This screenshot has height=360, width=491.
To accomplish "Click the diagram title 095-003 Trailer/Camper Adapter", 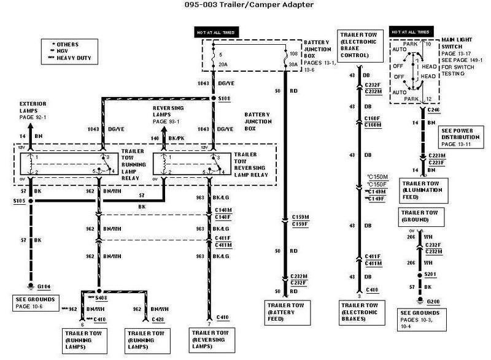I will (x=245, y=7).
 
